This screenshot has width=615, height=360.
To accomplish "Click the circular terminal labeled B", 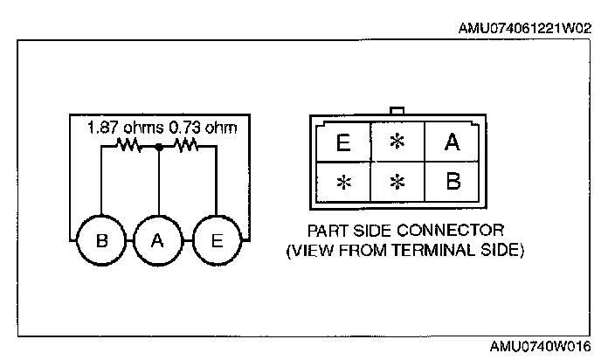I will [101, 240].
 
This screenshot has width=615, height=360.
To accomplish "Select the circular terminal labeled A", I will [157, 240].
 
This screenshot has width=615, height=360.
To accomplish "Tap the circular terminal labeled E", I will [215, 240].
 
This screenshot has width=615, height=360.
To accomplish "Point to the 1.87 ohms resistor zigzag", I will [128, 147].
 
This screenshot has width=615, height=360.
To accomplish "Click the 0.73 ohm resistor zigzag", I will [187, 147].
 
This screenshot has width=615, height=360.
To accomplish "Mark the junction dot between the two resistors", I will [158, 147].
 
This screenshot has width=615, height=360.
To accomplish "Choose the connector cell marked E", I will [342, 142].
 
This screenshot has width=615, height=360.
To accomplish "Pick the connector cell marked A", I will [452, 142].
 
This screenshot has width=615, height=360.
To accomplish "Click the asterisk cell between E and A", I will [397, 142].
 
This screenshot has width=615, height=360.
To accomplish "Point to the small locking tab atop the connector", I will [397, 111].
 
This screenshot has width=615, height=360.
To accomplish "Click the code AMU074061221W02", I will [525, 28].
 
